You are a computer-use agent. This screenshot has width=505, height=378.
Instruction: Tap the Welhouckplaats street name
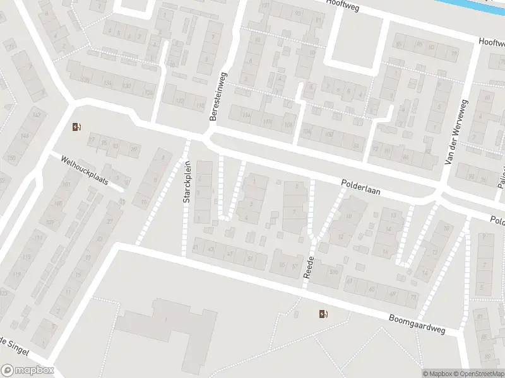pyautogui.click(x=85, y=171)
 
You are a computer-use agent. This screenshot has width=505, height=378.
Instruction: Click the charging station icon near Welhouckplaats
pyautogui.click(x=77, y=127)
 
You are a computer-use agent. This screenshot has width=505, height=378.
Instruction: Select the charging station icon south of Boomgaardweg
pyautogui.click(x=324, y=314)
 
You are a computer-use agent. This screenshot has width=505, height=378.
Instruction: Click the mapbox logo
pyautogui.click(x=27, y=370)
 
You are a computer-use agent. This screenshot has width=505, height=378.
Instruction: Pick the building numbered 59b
pyautogui.click(x=332, y=272)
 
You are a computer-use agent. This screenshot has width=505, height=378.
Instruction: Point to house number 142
pyautogui.click(x=37, y=115)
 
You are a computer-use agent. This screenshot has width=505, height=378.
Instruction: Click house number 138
pyautogui.click(x=85, y=79)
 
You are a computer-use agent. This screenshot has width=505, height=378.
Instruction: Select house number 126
pyautogui.click(x=149, y=93)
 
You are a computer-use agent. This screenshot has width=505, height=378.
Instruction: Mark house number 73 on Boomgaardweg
pyautogui.click(x=413, y=296)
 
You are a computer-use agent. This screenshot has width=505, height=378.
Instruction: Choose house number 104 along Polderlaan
pyautogui.click(x=307, y=131)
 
